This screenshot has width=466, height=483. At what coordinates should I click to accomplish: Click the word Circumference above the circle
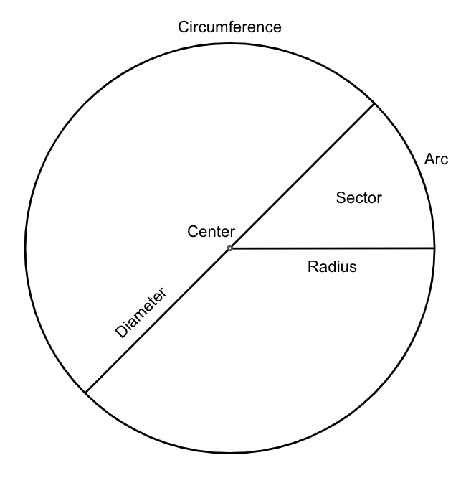[229, 27]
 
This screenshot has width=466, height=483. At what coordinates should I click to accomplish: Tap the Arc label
[436, 159]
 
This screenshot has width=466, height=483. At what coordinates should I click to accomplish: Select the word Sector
[359, 198]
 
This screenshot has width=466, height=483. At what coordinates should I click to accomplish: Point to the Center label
[211, 231]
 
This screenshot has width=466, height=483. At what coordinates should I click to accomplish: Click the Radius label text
[332, 267]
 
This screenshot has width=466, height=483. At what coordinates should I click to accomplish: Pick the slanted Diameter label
[141, 313]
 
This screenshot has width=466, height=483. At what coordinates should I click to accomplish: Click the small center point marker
[229, 248]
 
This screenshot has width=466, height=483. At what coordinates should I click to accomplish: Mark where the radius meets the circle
[434, 248]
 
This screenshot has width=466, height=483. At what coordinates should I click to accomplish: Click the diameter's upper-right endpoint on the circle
[374, 103]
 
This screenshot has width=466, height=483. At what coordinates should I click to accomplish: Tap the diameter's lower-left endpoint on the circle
[85, 393]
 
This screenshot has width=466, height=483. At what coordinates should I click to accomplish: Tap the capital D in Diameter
[120, 334]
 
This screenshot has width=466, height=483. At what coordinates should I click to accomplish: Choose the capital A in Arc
[429, 159]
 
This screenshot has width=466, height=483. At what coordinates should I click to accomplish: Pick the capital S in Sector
[340, 198]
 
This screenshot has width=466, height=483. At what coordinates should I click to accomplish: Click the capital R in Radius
[313, 267]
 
